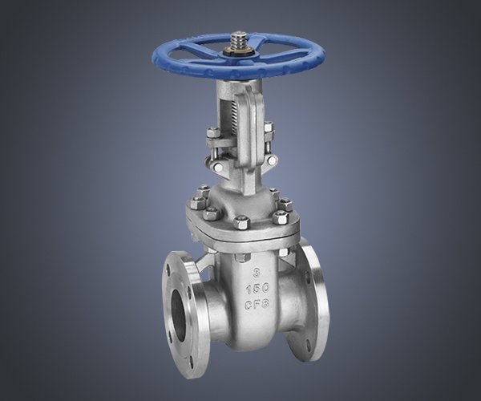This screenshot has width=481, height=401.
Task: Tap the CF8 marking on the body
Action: tap(257, 303)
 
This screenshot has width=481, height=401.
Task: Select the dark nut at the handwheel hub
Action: tap(238, 51)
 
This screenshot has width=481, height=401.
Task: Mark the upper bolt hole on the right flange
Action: tap(308, 281)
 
